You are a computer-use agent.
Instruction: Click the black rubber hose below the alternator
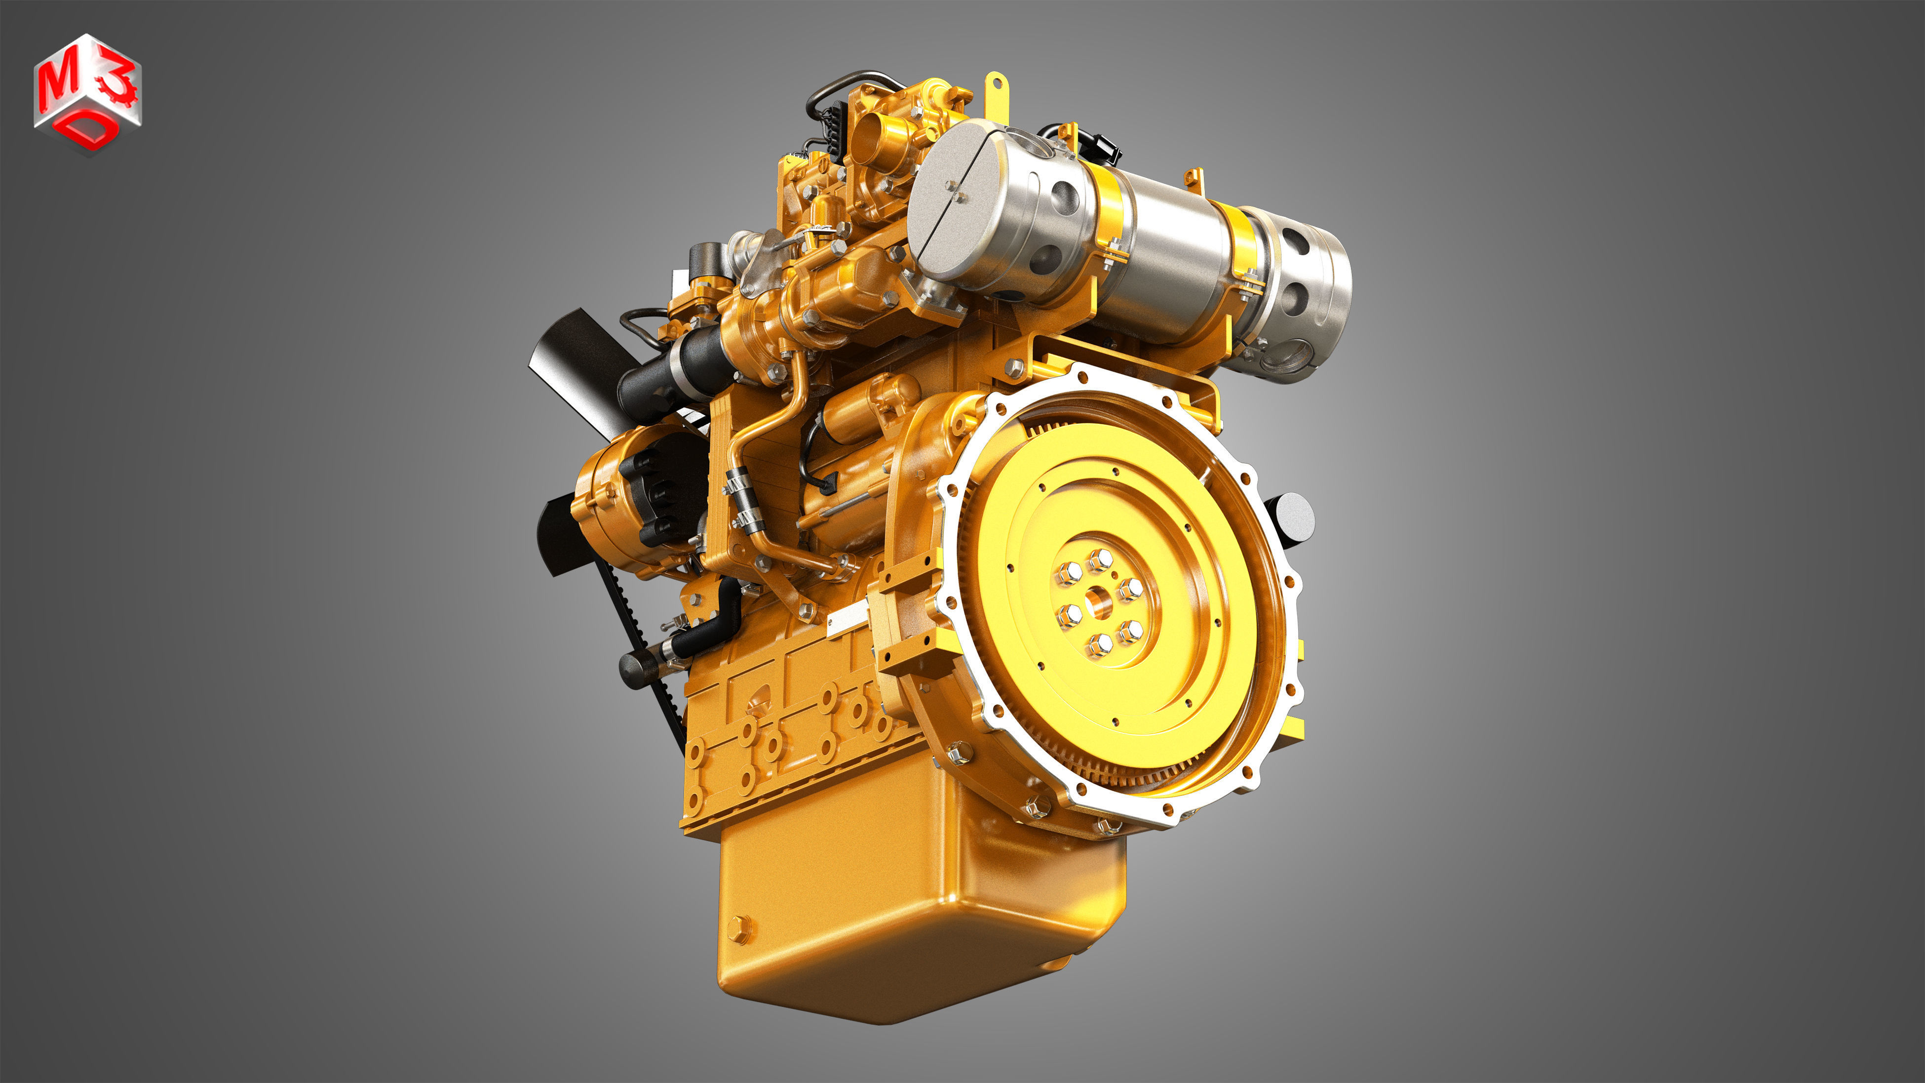[706, 632]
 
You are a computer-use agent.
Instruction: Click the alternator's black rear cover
[657, 493]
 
